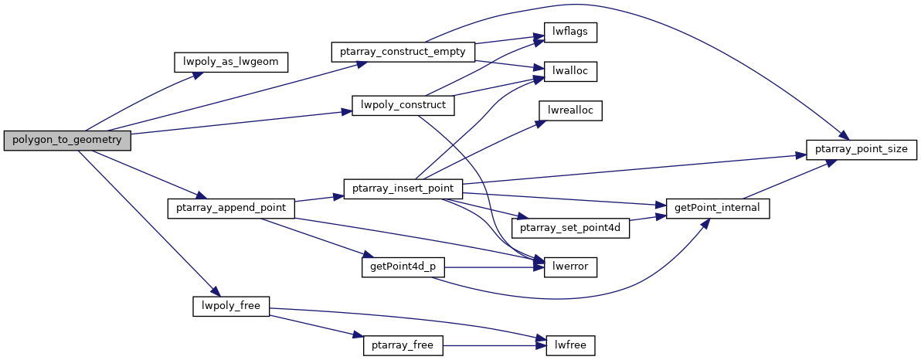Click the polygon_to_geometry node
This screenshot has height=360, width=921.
point(67,141)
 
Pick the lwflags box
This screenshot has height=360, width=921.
point(571,33)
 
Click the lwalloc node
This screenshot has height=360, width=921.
point(571,71)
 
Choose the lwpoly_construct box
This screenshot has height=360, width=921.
point(403,104)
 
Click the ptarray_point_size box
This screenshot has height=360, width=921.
point(862,148)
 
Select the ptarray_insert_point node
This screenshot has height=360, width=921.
point(403,189)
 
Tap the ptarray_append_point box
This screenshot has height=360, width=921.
point(231,208)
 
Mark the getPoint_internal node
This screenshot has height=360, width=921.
point(718,208)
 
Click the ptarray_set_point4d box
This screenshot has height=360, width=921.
point(571,229)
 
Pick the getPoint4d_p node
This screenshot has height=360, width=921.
point(403,267)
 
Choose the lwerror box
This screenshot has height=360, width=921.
point(571,267)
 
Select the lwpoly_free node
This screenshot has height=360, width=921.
point(230,306)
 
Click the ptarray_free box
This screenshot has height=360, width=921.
point(403,345)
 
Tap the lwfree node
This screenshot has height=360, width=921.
point(571,345)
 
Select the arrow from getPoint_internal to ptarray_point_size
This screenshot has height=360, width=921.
point(788,180)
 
